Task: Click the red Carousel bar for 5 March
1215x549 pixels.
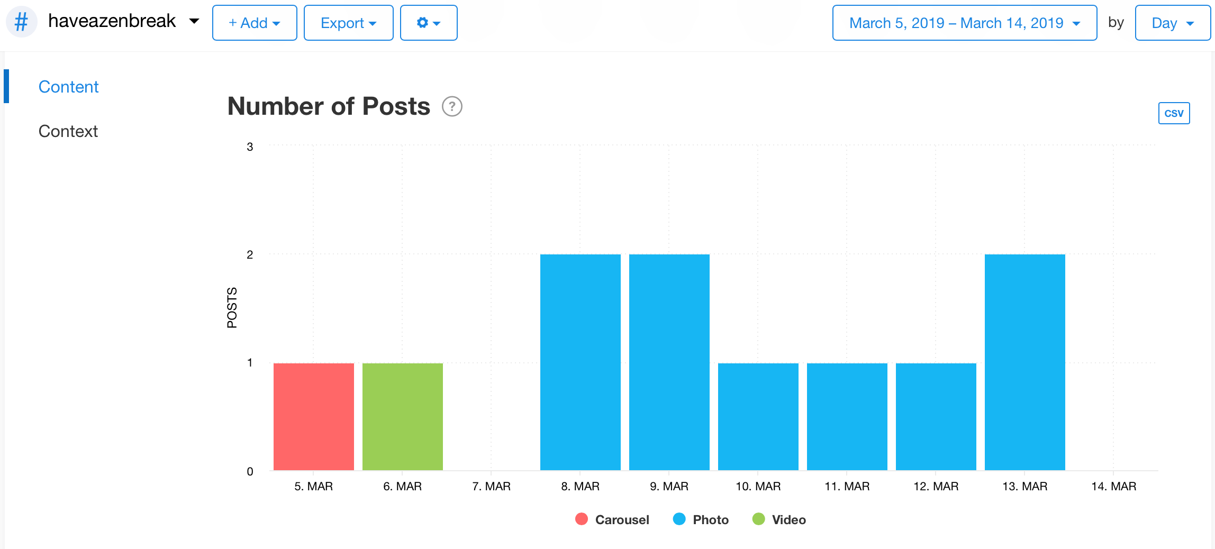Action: (313, 416)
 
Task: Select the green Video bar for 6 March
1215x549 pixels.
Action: (402, 416)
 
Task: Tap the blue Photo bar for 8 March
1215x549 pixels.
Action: (580, 362)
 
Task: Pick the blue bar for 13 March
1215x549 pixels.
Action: (1024, 362)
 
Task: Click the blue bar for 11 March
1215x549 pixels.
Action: (847, 416)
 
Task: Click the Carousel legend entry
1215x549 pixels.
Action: (612, 519)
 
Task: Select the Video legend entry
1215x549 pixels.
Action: (779, 519)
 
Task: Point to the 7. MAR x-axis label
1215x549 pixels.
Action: (491, 486)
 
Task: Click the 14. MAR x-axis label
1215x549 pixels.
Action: (1113, 486)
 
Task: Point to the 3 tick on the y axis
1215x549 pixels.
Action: (250, 147)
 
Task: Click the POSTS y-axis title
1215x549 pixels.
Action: (232, 308)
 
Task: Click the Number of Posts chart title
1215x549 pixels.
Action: (329, 106)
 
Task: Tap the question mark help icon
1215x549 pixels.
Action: (452, 106)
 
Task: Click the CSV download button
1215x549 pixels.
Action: (1174, 113)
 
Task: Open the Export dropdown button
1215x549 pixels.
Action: (348, 23)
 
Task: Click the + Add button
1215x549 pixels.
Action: (255, 23)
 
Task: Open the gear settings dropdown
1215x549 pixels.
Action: (429, 23)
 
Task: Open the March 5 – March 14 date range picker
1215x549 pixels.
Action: (964, 23)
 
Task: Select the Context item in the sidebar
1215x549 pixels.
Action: (68, 131)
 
